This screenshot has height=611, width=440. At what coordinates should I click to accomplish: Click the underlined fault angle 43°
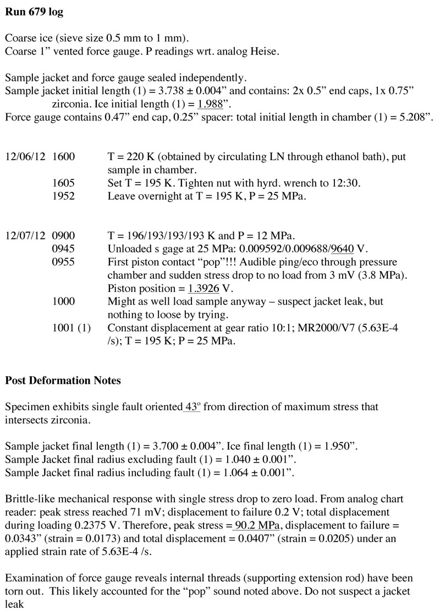click(191, 408)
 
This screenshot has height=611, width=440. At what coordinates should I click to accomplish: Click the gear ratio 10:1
click(255, 329)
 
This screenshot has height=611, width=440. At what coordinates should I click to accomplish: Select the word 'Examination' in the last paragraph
click(31, 580)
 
